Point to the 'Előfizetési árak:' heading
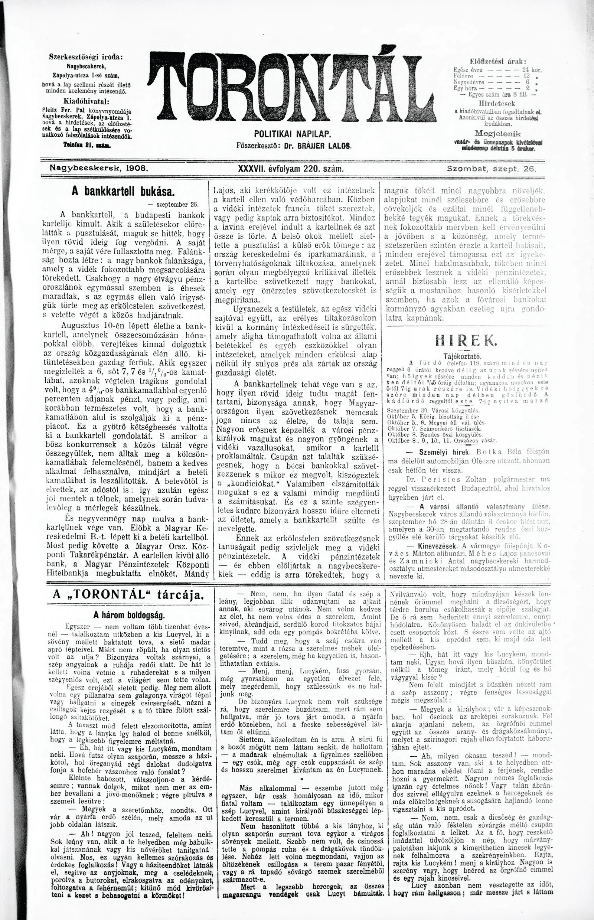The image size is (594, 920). pyautogui.click(x=498, y=61)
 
